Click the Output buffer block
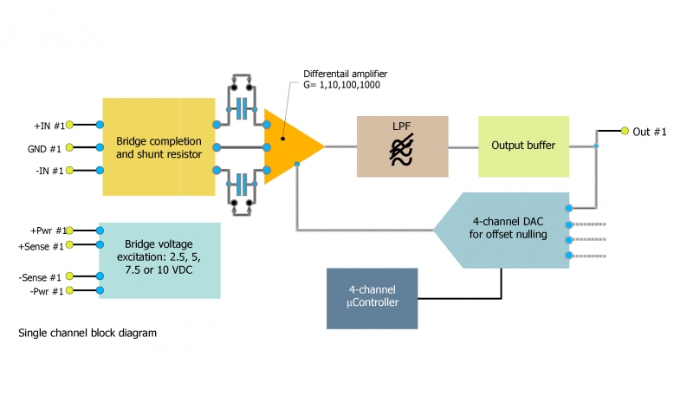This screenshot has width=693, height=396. click(523, 146)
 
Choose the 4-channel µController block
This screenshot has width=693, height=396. click(372, 298)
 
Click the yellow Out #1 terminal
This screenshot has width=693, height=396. click(624, 132)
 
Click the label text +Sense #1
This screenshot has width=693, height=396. click(41, 246)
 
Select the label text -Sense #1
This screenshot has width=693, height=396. click(42, 277)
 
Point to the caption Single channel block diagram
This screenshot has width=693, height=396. click(87, 333)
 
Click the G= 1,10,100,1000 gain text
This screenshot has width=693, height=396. click(341, 85)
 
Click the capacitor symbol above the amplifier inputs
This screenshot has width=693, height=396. click(243, 108)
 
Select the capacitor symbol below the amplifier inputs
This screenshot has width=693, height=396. click(243, 185)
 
